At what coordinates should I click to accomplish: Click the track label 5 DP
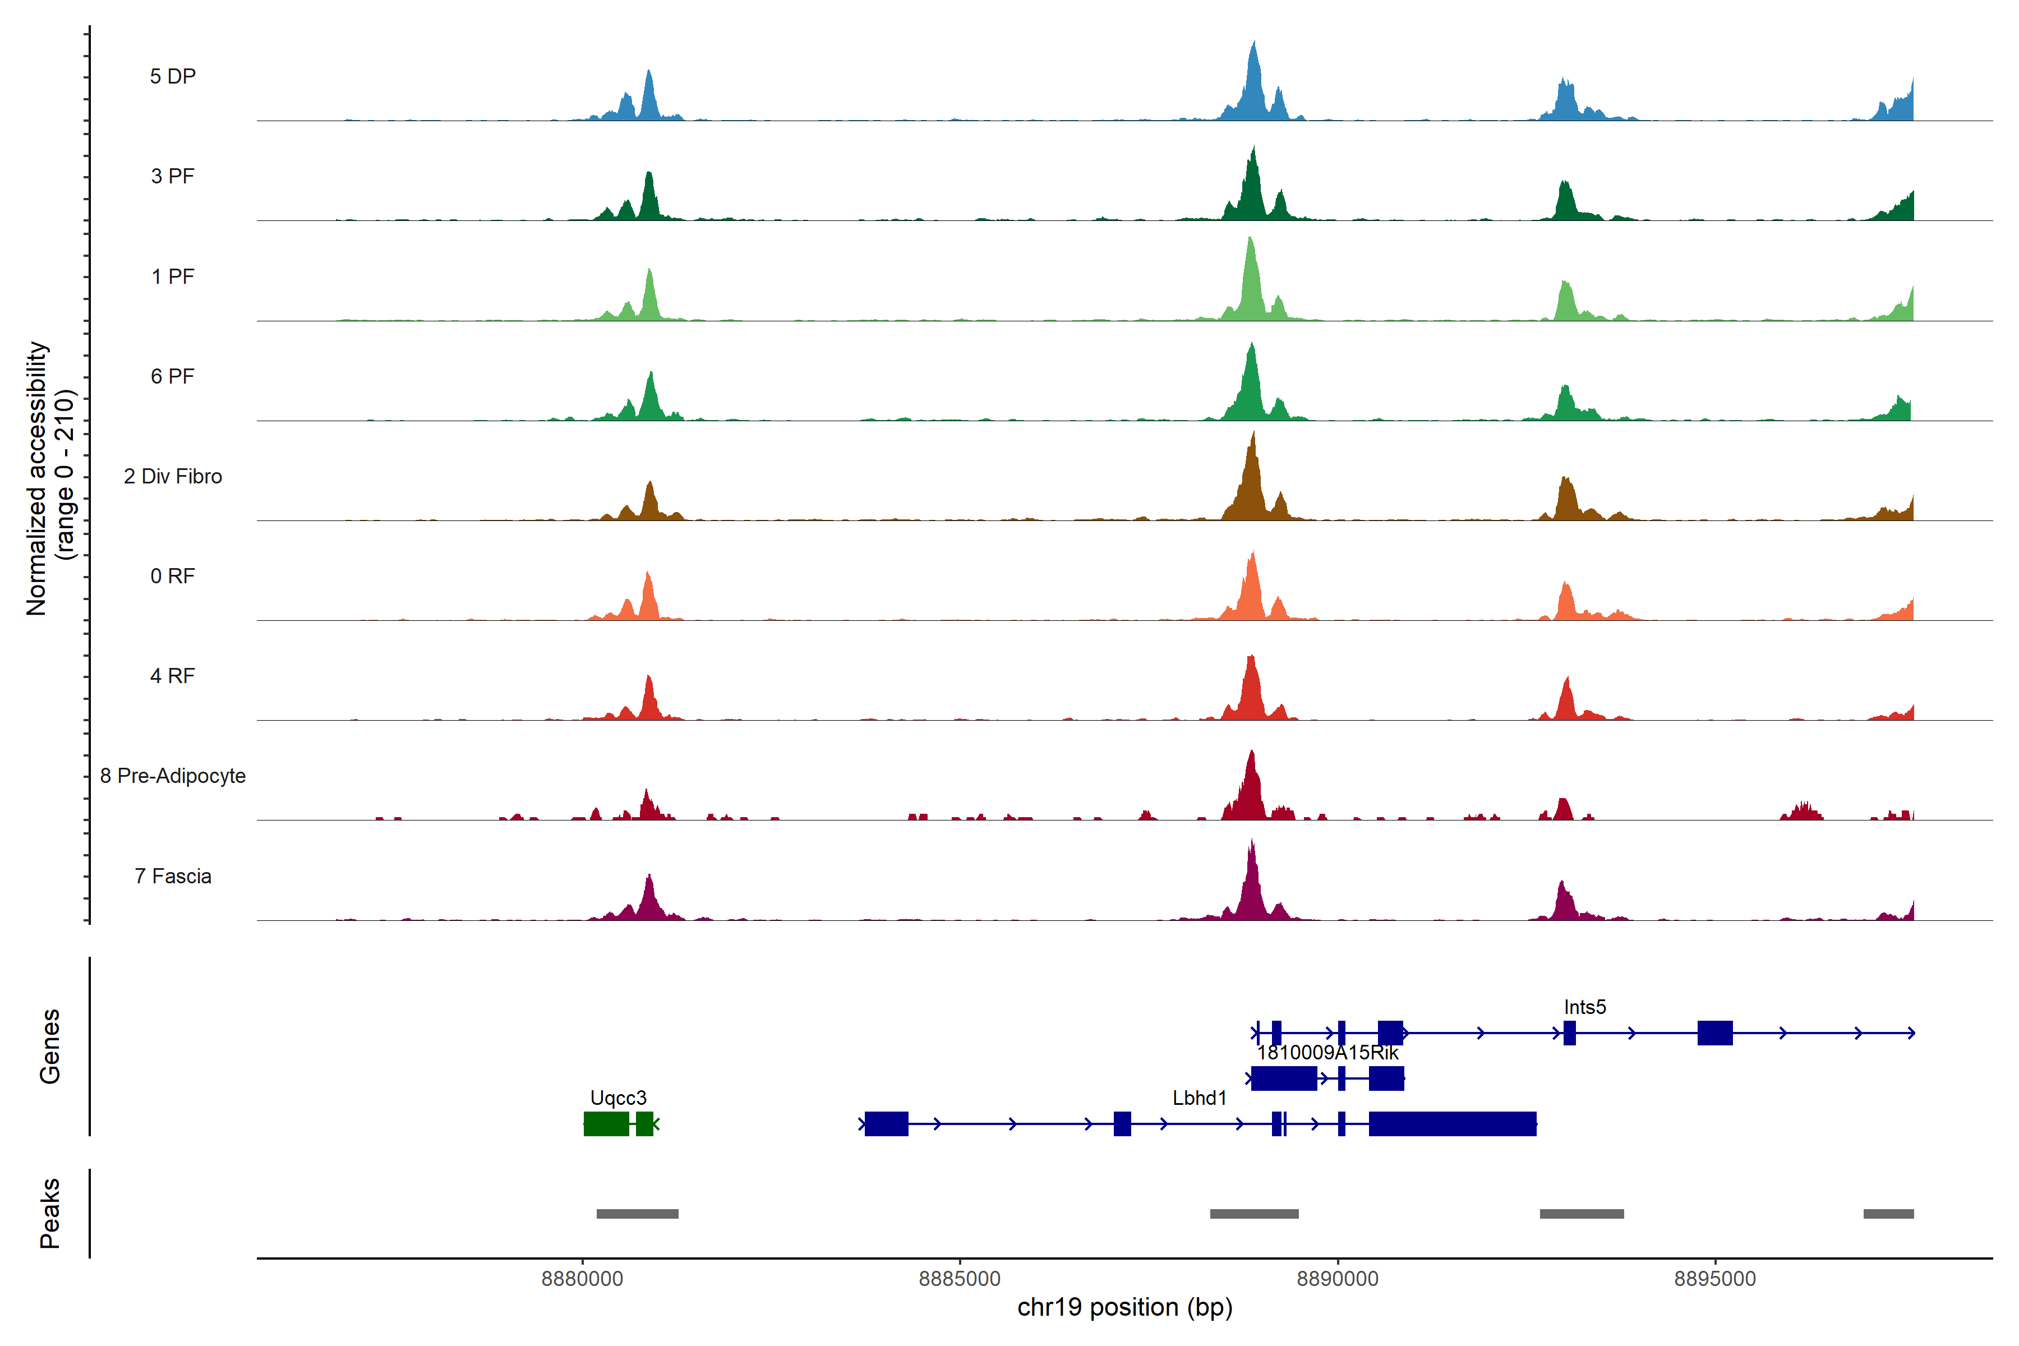[x=173, y=76]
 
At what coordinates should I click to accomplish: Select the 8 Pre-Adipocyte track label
[x=173, y=776]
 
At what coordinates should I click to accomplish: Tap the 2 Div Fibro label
[x=173, y=476]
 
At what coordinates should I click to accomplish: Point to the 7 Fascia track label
[x=173, y=877]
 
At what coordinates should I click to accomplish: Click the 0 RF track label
[x=173, y=576]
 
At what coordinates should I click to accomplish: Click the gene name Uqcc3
[x=618, y=1098]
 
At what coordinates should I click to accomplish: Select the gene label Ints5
[x=1585, y=1007]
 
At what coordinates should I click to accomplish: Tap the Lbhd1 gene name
[x=1199, y=1098]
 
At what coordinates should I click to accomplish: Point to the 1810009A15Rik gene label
[x=1327, y=1053]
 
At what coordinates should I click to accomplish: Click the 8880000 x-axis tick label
[x=582, y=1278]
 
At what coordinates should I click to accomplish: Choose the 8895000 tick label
[x=1715, y=1278]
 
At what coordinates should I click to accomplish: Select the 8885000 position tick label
[x=960, y=1278]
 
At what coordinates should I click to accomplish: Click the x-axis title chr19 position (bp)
[x=1124, y=1307]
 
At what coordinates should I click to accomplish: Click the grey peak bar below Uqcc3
[x=637, y=1214]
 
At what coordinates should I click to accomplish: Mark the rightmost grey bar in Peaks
[x=1888, y=1214]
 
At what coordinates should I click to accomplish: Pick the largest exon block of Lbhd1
[x=1453, y=1124]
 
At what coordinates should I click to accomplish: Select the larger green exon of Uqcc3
[x=606, y=1124]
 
